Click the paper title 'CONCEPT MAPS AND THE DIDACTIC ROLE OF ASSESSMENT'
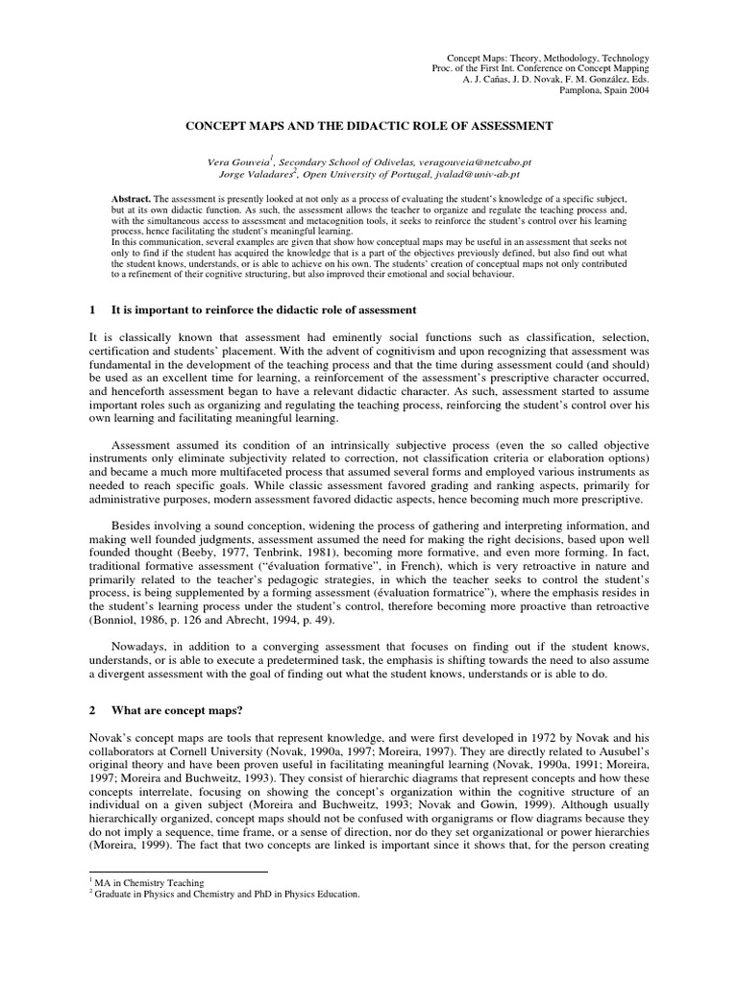coord(368,126)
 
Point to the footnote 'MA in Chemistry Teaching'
coord(147,882)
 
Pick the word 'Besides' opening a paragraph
coord(135,527)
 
